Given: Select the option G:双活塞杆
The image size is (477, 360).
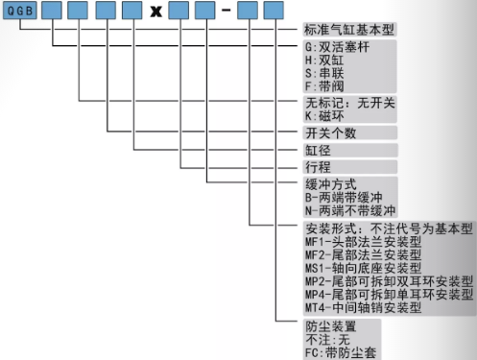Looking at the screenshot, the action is click(x=338, y=46).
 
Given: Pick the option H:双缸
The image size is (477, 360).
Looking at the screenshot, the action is click(x=324, y=60).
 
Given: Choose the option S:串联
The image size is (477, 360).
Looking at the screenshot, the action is click(x=324, y=73).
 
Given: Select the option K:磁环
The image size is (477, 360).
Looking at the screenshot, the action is click(x=324, y=115).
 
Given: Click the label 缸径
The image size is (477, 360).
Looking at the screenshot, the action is click(x=318, y=150).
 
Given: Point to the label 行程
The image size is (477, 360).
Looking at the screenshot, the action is click(x=318, y=167).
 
